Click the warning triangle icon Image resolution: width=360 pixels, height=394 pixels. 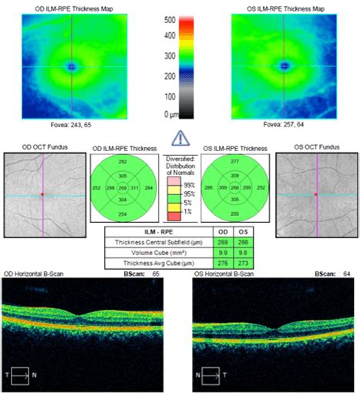[x=179, y=138]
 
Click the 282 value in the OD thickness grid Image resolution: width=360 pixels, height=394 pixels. [x=123, y=161]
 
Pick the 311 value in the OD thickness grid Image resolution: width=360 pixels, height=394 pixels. [x=136, y=187]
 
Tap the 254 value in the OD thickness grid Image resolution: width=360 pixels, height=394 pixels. [x=123, y=213]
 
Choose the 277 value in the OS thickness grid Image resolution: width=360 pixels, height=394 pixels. [x=234, y=160]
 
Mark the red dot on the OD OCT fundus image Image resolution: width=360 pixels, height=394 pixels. [x=43, y=194]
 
